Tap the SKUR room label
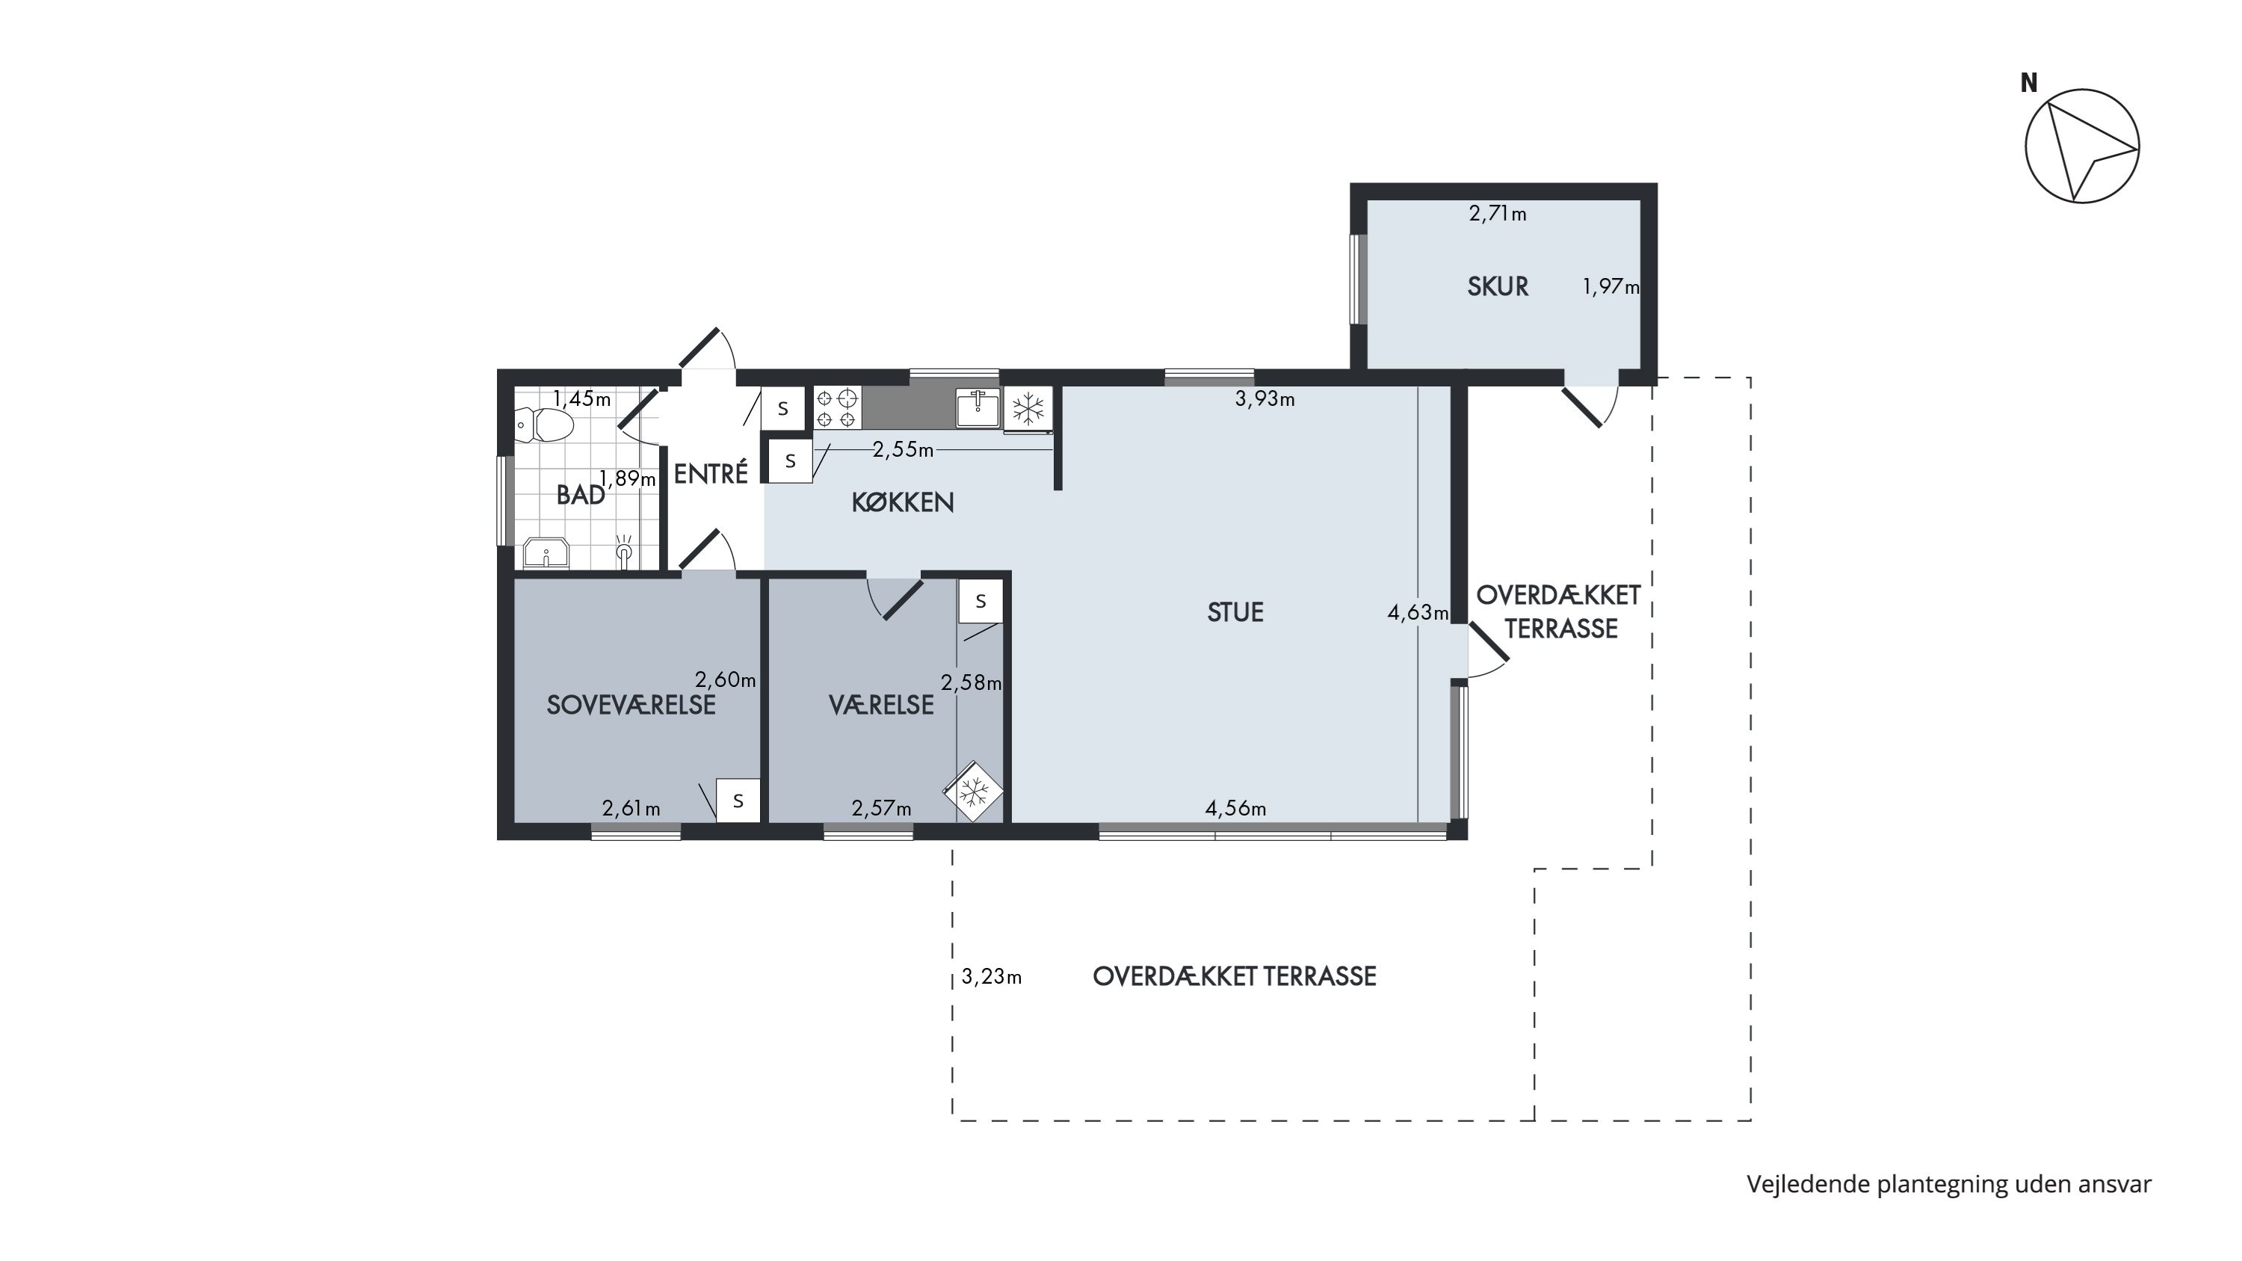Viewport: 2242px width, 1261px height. tap(1497, 286)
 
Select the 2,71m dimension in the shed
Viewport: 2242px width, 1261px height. tap(1497, 213)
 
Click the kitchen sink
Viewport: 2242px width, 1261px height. tap(978, 408)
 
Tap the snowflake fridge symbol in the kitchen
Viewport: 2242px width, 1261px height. tap(1028, 408)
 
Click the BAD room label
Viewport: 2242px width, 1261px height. tap(581, 495)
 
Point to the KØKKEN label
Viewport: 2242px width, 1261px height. tap(903, 502)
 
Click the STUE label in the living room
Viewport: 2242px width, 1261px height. tap(1235, 613)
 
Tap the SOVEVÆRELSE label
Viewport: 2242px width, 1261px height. tap(631, 705)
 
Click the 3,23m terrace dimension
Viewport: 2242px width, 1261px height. tap(991, 977)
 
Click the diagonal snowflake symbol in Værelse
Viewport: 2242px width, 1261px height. tap(974, 792)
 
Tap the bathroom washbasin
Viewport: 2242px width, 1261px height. tap(546, 553)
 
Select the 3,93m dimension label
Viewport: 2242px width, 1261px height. tap(1264, 399)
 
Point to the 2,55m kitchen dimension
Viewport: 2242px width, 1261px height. tap(903, 450)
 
